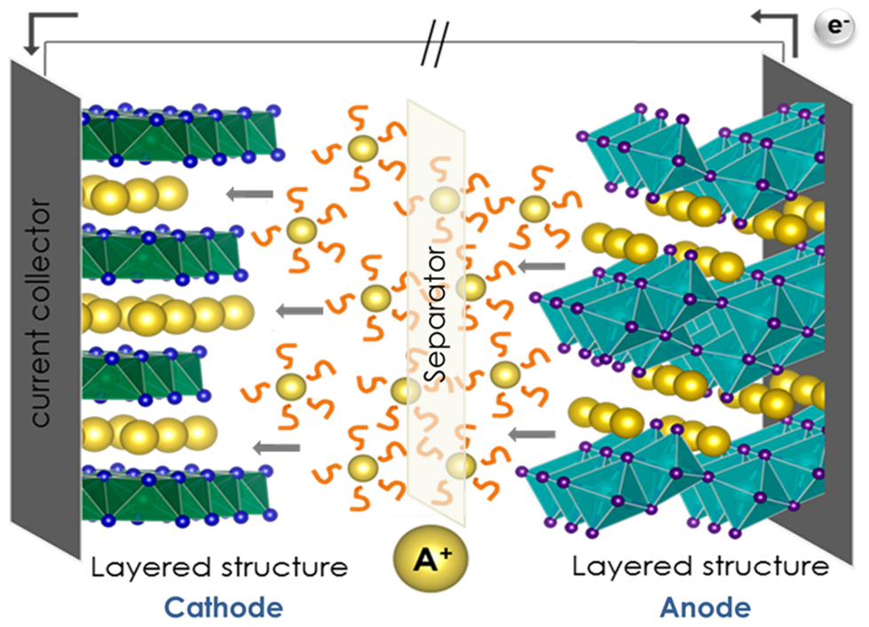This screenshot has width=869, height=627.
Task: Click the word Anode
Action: click(705, 607)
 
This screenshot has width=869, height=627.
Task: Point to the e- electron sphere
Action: click(833, 28)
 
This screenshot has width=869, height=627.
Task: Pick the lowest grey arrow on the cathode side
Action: click(266, 446)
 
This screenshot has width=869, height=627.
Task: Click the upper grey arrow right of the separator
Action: click(541, 265)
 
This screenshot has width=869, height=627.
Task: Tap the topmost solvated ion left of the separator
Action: click(361, 148)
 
